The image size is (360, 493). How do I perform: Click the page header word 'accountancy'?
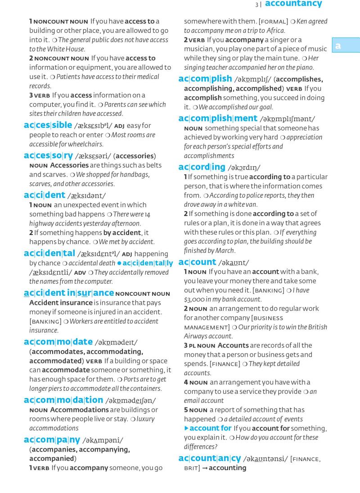click(x=293, y=4)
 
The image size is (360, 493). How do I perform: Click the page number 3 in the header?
click(x=256, y=5)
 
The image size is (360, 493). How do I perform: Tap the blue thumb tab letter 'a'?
click(x=337, y=46)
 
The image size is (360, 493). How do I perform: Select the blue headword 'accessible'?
click(x=48, y=125)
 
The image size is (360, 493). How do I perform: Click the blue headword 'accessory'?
click(x=48, y=155)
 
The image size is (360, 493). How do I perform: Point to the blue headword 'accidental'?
click(x=49, y=253)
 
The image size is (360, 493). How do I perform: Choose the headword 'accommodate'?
click(x=58, y=342)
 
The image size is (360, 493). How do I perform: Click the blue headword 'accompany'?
click(x=52, y=439)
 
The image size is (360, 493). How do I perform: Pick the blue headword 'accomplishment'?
click(x=218, y=118)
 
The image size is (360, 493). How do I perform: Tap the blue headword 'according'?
click(x=202, y=167)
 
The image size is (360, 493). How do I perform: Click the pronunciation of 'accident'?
click(x=86, y=196)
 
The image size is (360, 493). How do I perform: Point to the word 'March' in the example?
click(x=225, y=251)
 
